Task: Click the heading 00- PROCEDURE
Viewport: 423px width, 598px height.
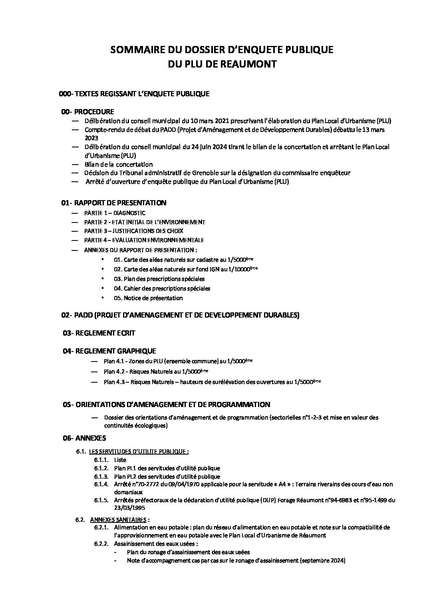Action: click(x=87, y=111)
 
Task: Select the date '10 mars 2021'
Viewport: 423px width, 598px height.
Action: click(x=205, y=121)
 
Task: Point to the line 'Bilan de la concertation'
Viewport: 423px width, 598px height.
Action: click(x=118, y=164)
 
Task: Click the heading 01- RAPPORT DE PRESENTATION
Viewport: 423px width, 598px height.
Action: click(x=114, y=203)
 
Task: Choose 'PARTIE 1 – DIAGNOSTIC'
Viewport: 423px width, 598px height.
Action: click(x=115, y=213)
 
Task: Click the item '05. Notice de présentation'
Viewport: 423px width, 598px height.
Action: click(x=148, y=298)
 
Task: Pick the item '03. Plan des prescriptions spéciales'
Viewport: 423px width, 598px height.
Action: click(x=159, y=279)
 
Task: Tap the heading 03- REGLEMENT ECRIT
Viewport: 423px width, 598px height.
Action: click(x=99, y=333)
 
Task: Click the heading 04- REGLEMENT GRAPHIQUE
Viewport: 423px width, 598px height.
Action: click(x=109, y=351)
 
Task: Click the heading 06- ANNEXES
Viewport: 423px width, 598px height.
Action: click(x=84, y=438)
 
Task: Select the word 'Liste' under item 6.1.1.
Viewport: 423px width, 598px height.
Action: click(x=120, y=460)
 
